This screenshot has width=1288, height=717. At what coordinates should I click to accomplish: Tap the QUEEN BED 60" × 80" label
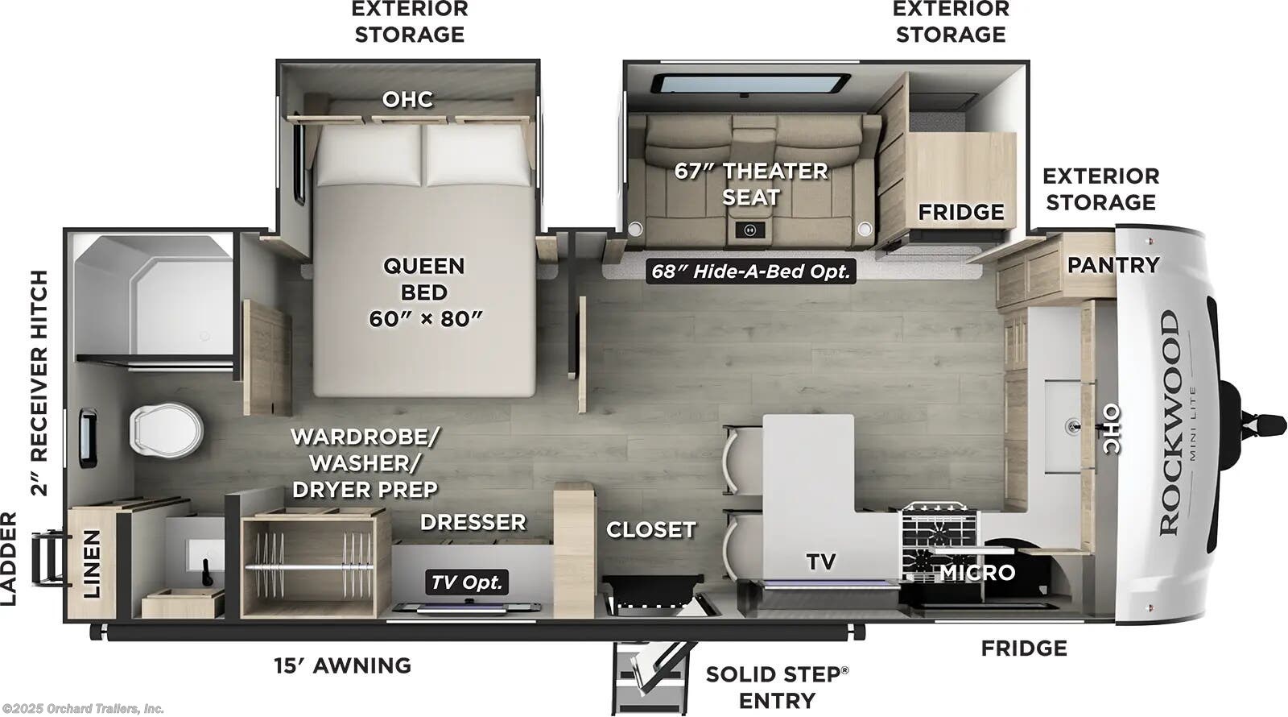click(x=424, y=292)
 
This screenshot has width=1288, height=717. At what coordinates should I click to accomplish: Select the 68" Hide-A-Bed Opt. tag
click(x=750, y=271)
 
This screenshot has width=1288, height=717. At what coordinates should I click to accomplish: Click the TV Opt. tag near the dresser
click(x=467, y=582)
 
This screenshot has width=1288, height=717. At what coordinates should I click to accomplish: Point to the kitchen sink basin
click(x=1066, y=427)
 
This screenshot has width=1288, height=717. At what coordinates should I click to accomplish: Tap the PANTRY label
click(x=1113, y=265)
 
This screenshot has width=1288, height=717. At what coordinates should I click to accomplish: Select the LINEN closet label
click(x=93, y=563)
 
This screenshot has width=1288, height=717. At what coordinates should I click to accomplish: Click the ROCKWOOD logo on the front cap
click(x=1170, y=423)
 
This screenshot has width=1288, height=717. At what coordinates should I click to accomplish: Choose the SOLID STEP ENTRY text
click(x=777, y=687)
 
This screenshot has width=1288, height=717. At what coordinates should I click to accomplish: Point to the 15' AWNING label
click(x=343, y=665)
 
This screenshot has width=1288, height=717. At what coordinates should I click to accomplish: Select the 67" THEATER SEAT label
click(x=750, y=184)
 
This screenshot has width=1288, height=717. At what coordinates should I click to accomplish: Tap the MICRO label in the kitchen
click(x=977, y=573)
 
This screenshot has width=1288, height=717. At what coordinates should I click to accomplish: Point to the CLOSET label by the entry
click(x=650, y=530)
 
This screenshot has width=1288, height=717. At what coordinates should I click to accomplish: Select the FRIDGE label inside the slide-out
click(x=961, y=213)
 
